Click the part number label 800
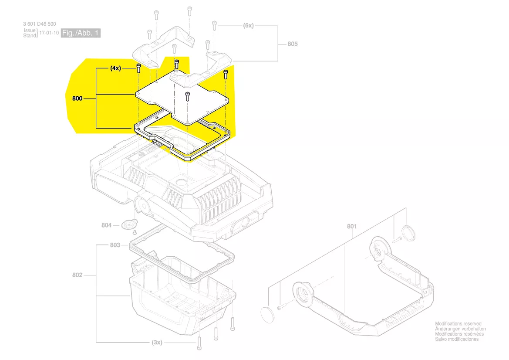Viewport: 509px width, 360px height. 77,99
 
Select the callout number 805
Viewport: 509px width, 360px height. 293,44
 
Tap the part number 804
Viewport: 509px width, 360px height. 107,225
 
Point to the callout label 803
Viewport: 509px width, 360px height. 115,245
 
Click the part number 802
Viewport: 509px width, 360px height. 78,275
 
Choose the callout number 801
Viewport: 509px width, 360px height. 352,226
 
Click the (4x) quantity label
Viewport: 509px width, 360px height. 115,68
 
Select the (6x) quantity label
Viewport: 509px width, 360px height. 248,26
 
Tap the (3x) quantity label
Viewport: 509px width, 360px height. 157,343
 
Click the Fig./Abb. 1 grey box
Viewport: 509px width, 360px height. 81,33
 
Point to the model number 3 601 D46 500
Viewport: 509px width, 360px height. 39,24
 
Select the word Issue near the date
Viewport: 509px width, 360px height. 30,31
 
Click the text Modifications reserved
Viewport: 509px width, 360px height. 458,324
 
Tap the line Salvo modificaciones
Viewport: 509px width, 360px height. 457,339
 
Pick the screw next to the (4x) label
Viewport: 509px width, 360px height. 138,68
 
